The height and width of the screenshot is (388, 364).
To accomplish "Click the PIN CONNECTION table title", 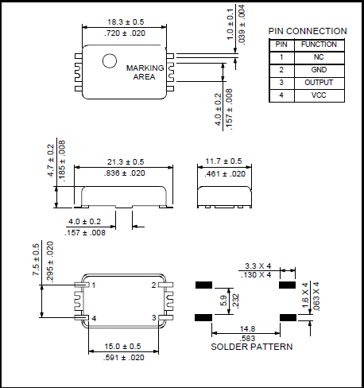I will pyautogui.click(x=308, y=31).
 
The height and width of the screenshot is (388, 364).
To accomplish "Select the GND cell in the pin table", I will pyautogui.click(x=318, y=70).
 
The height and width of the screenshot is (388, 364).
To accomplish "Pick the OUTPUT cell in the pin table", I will pyautogui.click(x=318, y=83).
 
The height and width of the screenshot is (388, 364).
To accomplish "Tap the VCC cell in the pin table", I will pyautogui.click(x=318, y=95).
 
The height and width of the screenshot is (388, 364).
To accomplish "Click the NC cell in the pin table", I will pyautogui.click(x=318, y=57).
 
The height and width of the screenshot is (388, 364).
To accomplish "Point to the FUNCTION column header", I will pyautogui.click(x=318, y=45).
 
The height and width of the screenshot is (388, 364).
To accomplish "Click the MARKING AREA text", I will pyautogui.click(x=145, y=72).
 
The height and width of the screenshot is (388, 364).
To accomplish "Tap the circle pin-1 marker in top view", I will pyautogui.click(x=109, y=60).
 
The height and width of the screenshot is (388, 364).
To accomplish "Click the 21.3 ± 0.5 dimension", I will pyautogui.click(x=126, y=162).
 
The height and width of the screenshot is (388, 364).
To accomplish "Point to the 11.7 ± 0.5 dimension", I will pyautogui.click(x=225, y=162).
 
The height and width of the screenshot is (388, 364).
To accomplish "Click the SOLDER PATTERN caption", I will pyautogui.click(x=251, y=347).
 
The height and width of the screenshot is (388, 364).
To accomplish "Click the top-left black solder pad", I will pyautogui.click(x=203, y=284).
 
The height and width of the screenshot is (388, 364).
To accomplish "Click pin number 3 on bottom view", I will pyautogui.click(x=155, y=318).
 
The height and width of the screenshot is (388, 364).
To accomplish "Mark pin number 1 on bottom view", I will pyautogui.click(x=94, y=285).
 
